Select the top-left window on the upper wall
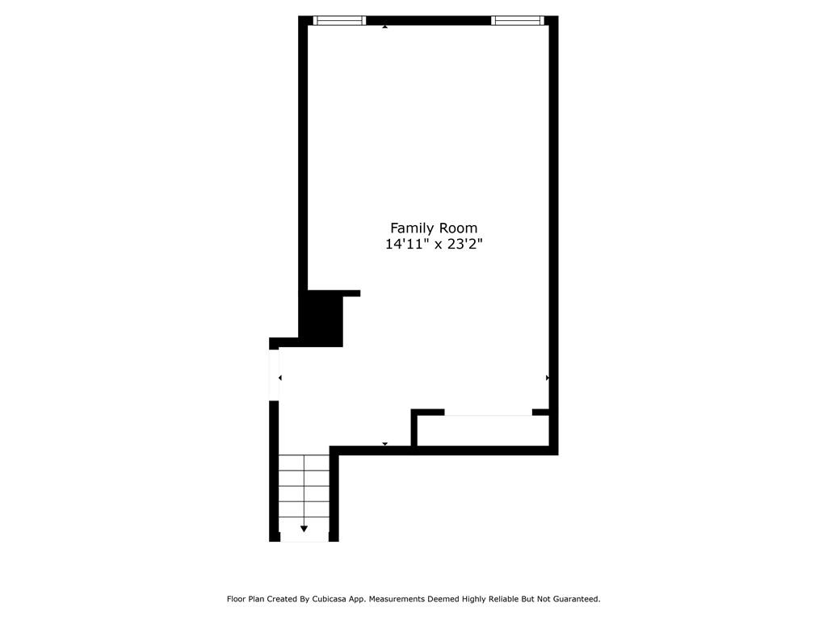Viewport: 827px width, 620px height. tap(339, 20)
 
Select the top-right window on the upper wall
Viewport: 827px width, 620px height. tap(518, 20)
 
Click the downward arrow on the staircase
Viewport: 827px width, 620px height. tap(304, 529)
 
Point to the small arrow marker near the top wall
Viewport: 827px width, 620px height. tap(385, 27)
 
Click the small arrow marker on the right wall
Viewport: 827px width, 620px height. tap(548, 378)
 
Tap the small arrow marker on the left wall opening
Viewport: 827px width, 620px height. tap(280, 378)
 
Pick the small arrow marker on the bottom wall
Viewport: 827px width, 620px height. tap(385, 443)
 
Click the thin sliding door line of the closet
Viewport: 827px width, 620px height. tap(488, 415)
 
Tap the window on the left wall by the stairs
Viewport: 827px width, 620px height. tap(274, 374)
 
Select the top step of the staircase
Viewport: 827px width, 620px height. tap(304, 463)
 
